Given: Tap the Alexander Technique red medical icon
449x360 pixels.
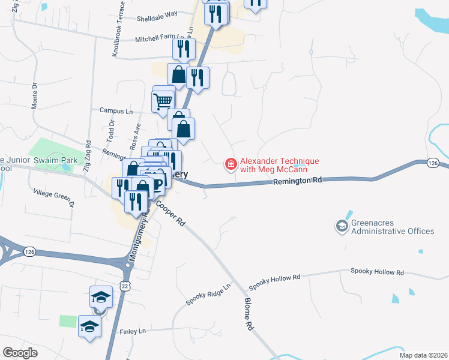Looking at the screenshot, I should point(230,164).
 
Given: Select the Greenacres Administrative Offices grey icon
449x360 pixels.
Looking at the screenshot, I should point(342,226).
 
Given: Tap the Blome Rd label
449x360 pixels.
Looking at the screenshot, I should point(248,316).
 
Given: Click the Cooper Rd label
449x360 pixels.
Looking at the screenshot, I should point(170,212).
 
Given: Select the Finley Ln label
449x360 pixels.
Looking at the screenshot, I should point(133,331).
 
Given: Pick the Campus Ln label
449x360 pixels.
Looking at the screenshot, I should point(116,111).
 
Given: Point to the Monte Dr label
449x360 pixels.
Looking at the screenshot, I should point(34,95).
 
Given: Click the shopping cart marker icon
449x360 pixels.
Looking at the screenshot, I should point(163,101).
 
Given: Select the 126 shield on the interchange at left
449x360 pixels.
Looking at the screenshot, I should point(30,253).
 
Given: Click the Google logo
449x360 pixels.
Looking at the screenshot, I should point(19,352).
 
